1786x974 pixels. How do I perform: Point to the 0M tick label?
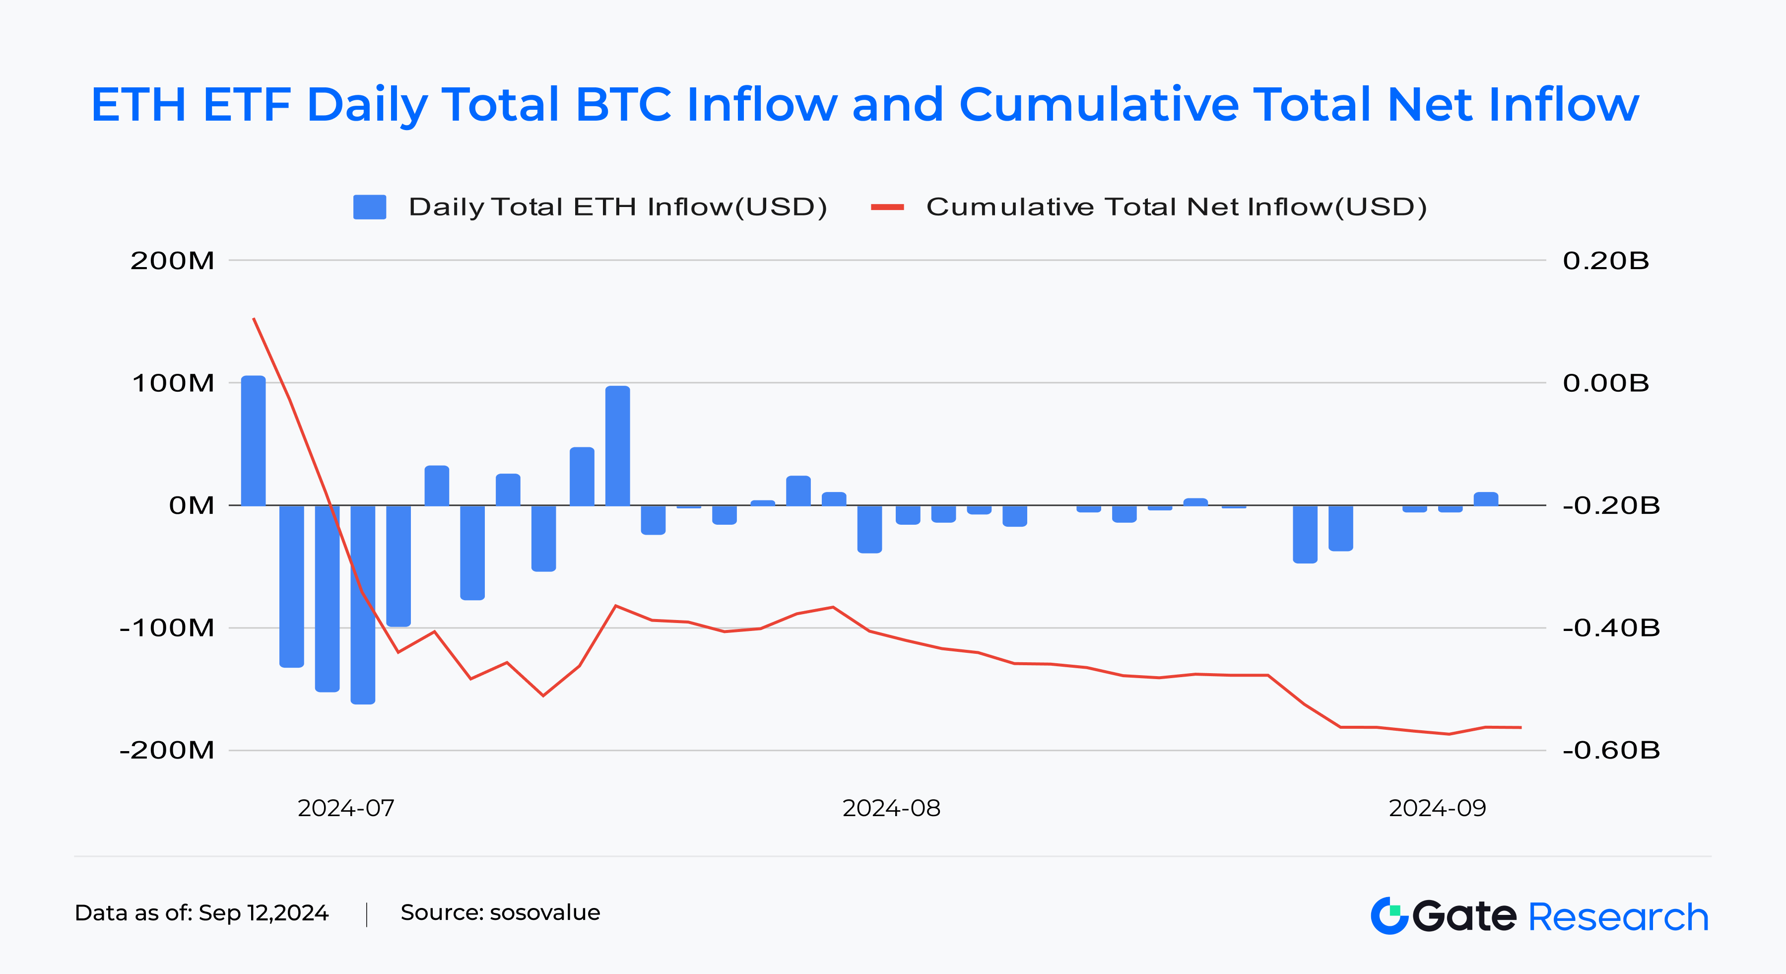(192, 506)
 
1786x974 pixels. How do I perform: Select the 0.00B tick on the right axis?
(1606, 383)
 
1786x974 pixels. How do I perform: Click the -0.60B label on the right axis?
(1611, 750)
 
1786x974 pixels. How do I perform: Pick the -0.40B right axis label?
(1611, 628)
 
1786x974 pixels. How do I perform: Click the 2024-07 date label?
(346, 808)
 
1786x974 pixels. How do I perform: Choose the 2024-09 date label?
(1437, 808)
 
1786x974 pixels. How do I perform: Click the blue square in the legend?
(370, 207)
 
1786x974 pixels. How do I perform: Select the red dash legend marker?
(887, 207)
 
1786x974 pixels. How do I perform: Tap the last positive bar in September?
(1486, 499)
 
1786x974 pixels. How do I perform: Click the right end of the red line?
(1521, 727)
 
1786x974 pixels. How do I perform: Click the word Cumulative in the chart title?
(1098, 105)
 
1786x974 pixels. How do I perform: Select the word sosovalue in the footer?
(544, 912)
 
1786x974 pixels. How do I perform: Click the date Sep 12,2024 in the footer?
(264, 912)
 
